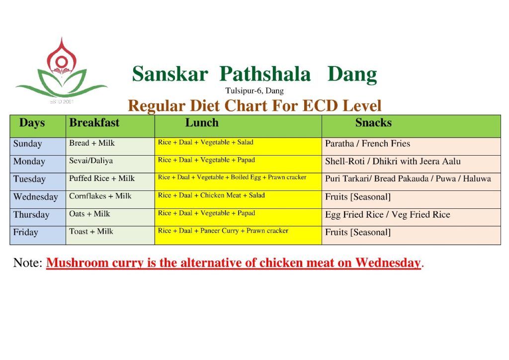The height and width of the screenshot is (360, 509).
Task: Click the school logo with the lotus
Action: click(x=61, y=70)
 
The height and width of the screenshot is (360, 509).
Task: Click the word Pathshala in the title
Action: click(x=265, y=74)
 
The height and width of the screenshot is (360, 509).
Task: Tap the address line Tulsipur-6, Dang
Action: click(x=254, y=90)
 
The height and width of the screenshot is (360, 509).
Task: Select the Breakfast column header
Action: click(x=94, y=122)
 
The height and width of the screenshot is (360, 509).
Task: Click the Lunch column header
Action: click(x=202, y=122)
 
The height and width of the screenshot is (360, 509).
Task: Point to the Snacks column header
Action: click(x=373, y=122)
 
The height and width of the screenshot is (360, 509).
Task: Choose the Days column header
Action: click(x=32, y=123)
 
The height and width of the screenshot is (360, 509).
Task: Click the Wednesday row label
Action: click(x=36, y=197)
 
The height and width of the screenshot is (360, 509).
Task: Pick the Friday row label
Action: click(x=26, y=232)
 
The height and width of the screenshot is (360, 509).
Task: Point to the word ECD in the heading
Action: click(x=320, y=106)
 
